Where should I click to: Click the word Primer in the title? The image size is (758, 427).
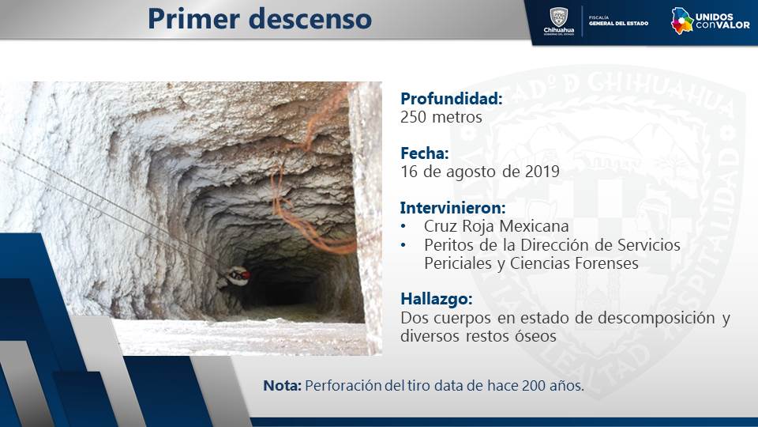point(193,19)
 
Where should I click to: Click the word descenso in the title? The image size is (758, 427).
point(310,20)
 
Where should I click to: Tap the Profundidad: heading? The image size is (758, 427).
point(452,98)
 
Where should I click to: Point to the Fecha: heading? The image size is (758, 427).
point(425,153)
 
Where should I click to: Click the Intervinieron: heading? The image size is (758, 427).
point(452,208)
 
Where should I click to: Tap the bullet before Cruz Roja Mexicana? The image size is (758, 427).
point(403,227)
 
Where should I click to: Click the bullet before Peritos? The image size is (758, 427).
point(403,245)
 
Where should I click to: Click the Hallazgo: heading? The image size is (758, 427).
point(436,299)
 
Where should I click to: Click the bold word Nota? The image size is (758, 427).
point(283,385)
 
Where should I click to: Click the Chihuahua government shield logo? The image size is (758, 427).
point(559,21)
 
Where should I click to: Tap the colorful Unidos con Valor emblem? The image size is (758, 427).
point(682,21)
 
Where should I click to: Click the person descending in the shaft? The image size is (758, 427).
point(234,278)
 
